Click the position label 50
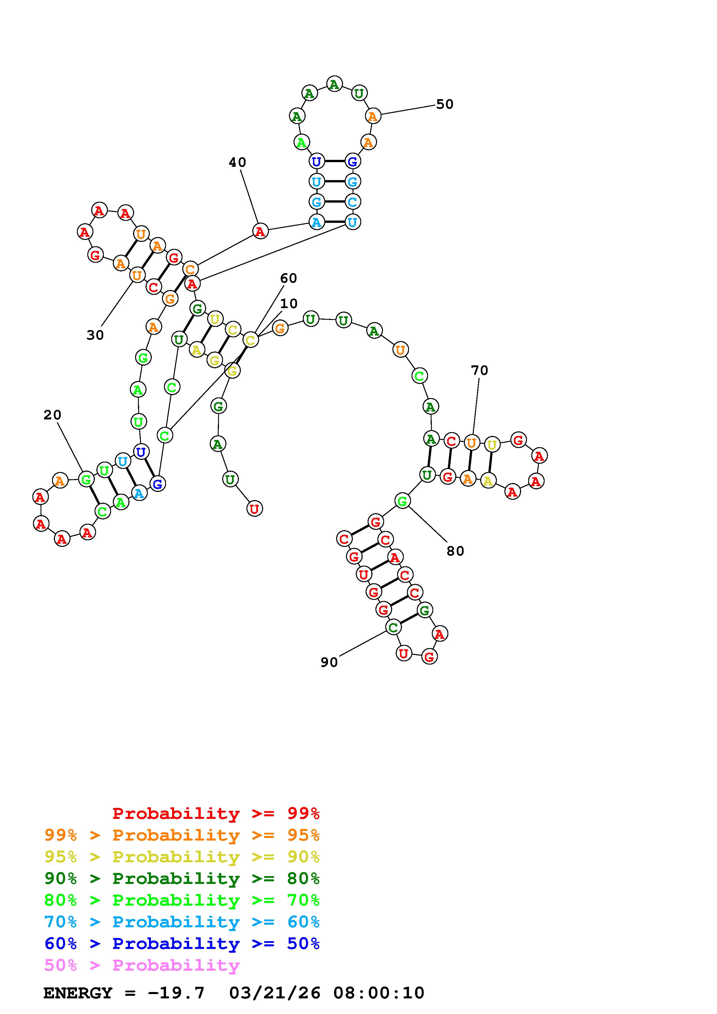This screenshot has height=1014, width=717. (x=445, y=104)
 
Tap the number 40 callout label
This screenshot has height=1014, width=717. (x=237, y=162)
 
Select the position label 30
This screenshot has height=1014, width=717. (x=95, y=335)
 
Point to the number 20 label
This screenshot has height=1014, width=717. (x=52, y=415)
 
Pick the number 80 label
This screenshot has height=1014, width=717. (x=455, y=551)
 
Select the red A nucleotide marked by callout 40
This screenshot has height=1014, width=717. (x=260, y=231)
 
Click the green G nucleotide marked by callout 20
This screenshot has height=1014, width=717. (x=86, y=479)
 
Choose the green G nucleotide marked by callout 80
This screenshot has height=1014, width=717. (x=402, y=501)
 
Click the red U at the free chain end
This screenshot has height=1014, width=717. (x=255, y=509)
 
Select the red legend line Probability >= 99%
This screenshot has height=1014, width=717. (x=216, y=813)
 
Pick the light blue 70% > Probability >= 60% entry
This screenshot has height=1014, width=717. (x=182, y=922)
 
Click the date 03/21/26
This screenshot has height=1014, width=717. (x=275, y=993)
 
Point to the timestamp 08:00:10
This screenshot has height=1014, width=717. (x=379, y=993)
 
